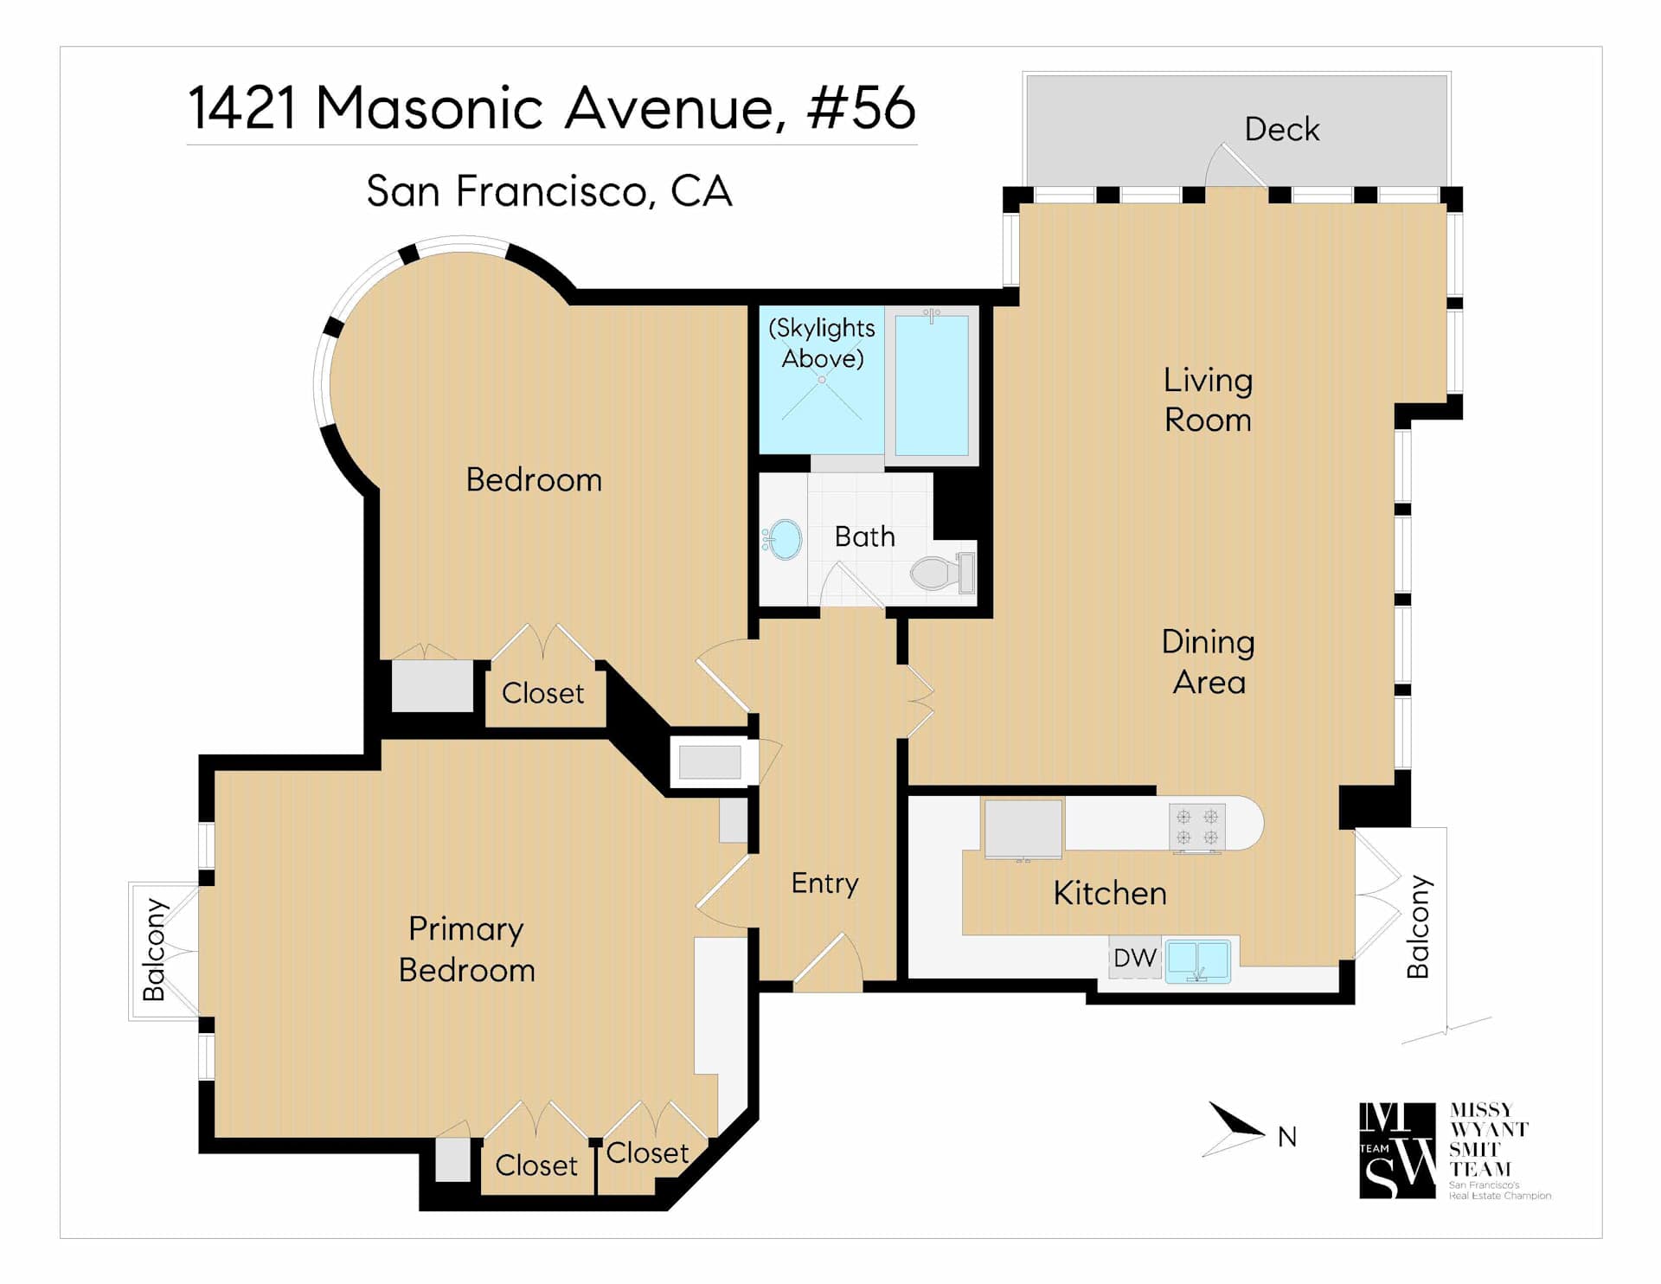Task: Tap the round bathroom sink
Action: click(784, 540)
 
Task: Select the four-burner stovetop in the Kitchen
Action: click(1197, 826)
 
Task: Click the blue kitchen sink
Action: click(1197, 961)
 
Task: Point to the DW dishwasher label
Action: click(1134, 958)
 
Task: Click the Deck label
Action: click(1281, 130)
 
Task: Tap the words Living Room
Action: click(1208, 401)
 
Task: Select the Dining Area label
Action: click(1208, 662)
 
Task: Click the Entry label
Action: click(824, 884)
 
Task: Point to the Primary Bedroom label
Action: click(466, 950)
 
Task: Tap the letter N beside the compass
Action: click(1287, 1137)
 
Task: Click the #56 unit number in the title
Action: click(861, 108)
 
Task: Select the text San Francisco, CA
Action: click(549, 191)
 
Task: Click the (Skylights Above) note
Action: click(822, 343)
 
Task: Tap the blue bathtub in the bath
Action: click(932, 385)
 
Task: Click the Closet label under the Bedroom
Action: click(542, 694)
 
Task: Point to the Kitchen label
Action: click(1110, 894)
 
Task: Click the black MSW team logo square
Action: click(1397, 1151)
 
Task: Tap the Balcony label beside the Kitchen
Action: click(1419, 928)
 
